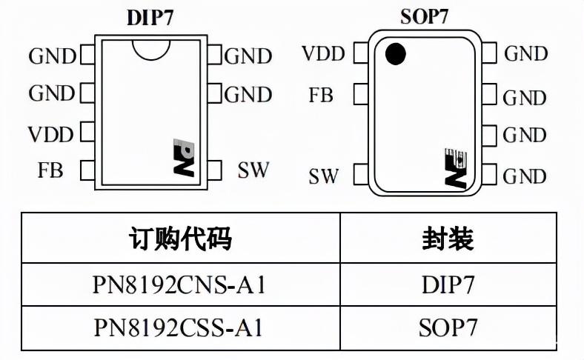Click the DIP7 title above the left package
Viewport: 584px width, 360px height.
pos(150,17)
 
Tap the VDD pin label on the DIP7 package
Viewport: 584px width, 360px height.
pos(51,134)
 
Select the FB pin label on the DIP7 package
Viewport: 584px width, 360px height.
pos(50,170)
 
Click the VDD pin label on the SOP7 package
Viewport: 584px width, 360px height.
pos(323,54)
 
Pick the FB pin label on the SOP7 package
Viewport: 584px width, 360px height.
pos(321,95)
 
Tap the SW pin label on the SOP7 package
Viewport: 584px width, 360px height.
pos(323,176)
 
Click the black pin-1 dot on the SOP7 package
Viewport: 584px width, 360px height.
pos(396,53)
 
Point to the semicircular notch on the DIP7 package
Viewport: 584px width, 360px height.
pos(151,48)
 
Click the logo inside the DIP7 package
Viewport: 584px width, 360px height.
pos(182,157)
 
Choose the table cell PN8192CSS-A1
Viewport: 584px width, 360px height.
pos(180,327)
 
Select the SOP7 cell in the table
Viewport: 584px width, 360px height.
pos(448,327)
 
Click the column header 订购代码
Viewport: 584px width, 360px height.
pos(180,239)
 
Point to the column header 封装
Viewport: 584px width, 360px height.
pos(448,239)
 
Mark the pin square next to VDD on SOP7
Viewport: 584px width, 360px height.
pos(361,53)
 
